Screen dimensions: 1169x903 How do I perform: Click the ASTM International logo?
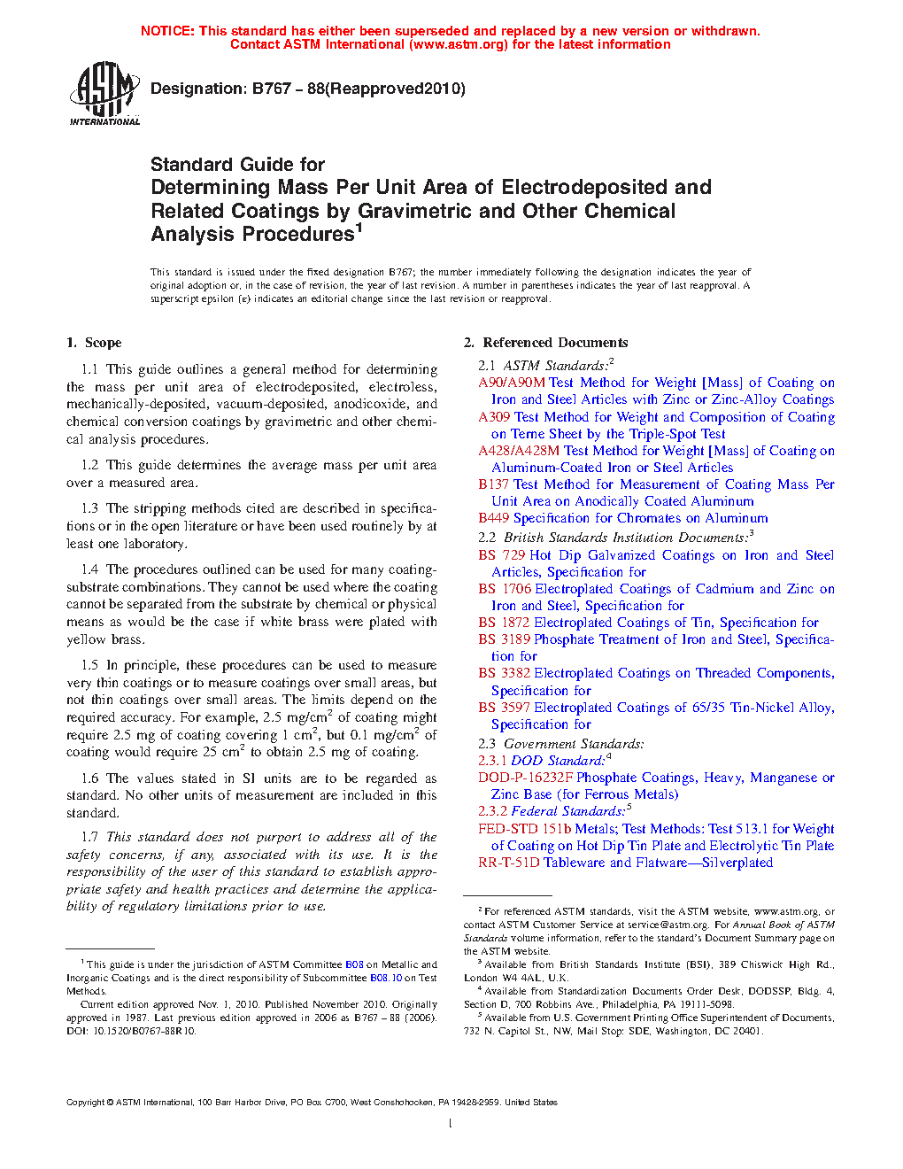point(104,93)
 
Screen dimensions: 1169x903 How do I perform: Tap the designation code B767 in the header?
point(271,89)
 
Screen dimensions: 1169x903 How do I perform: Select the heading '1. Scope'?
point(94,343)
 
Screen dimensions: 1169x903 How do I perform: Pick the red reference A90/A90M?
point(512,383)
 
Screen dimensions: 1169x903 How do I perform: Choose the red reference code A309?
point(494,417)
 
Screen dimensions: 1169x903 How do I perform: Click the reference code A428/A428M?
point(519,451)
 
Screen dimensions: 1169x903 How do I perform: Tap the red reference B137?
point(494,484)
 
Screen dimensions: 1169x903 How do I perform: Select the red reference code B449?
point(494,518)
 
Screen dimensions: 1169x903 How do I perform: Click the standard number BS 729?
point(502,555)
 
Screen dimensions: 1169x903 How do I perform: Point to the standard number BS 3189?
point(505,639)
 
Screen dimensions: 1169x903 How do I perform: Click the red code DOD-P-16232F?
point(526,778)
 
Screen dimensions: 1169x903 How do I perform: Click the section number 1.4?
point(89,569)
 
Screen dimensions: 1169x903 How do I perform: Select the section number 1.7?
point(89,837)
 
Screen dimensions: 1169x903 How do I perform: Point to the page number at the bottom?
point(451,1124)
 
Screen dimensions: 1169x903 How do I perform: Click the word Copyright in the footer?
point(86,1103)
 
